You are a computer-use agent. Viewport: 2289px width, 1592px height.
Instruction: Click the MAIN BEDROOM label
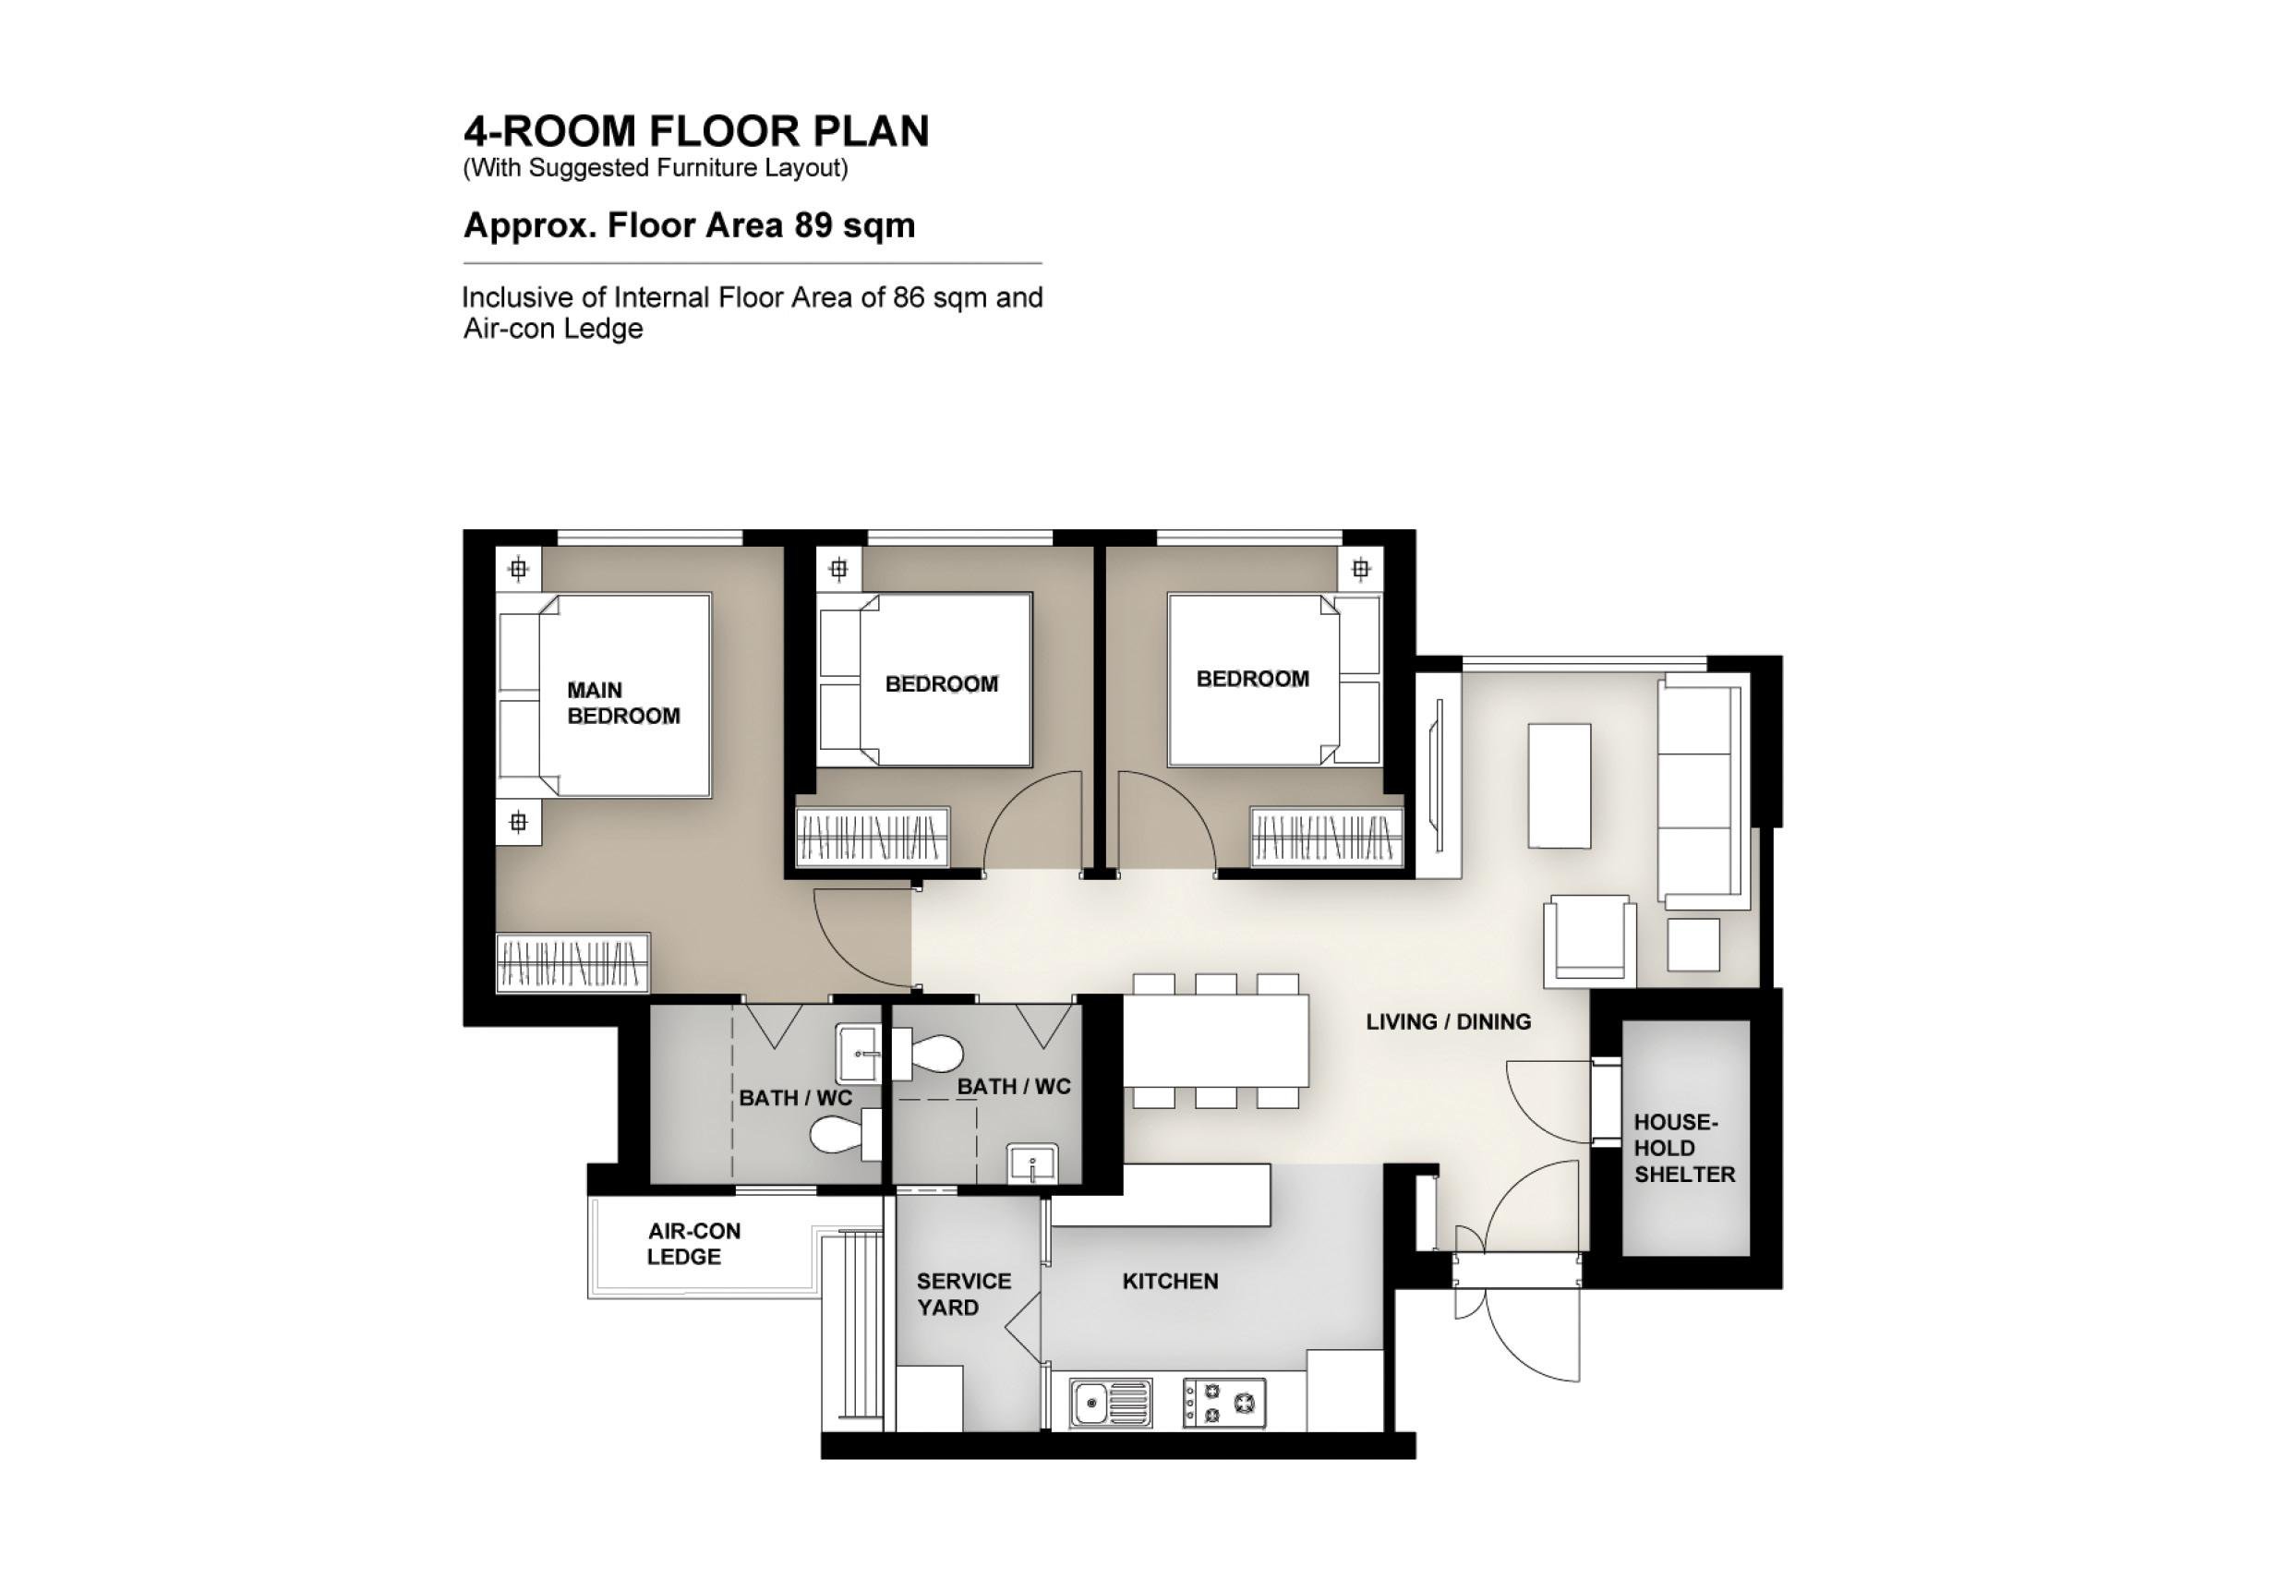point(623,703)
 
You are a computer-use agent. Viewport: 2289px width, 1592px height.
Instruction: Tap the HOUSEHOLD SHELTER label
point(1684,1149)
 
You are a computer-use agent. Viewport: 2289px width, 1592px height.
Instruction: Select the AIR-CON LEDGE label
point(693,1244)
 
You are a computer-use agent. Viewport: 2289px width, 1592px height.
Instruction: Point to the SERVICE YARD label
point(963,1294)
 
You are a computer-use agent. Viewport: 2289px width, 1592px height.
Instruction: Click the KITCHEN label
point(1171,1281)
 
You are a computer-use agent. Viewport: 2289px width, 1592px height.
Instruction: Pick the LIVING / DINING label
point(1449,1022)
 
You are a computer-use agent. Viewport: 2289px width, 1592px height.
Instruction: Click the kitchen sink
point(1111,1404)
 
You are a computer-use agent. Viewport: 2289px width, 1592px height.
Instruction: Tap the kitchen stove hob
point(1224,1404)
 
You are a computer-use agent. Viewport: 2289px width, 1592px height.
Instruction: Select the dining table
point(1216,1041)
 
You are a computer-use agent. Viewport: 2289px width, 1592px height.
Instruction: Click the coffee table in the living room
point(1560,786)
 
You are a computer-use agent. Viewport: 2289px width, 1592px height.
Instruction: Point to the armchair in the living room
point(1590,941)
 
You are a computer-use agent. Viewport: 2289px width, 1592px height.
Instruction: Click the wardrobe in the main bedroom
point(573,963)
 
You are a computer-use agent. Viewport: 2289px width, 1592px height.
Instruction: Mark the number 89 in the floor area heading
point(813,225)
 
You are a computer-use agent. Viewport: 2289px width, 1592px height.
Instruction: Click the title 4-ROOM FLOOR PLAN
point(696,131)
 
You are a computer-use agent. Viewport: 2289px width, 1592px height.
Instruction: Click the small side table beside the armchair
point(1693,944)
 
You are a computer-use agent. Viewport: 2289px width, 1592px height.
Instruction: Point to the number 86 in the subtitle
point(910,297)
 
